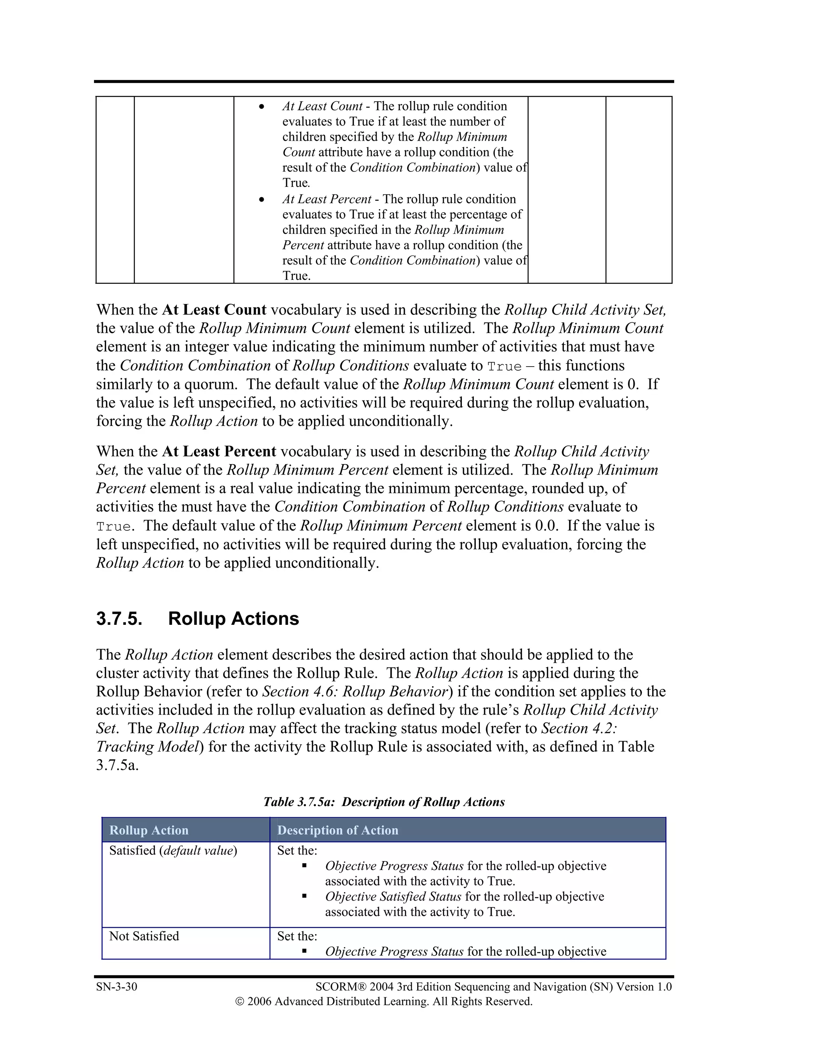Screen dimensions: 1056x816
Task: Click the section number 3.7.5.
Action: click(x=119, y=619)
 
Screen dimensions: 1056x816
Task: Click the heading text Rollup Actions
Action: click(x=233, y=619)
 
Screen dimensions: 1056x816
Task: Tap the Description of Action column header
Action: click(x=337, y=830)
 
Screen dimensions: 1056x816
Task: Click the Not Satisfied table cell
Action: click(x=144, y=936)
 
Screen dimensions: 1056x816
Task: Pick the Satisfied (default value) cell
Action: click(x=173, y=850)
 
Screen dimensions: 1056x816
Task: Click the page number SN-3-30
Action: click(x=116, y=987)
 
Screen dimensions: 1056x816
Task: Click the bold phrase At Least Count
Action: click(x=214, y=310)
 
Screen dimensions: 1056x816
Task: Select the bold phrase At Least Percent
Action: click(x=219, y=451)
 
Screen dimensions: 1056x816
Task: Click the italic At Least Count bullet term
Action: click(x=322, y=106)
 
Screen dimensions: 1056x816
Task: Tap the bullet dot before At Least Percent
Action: click(x=261, y=199)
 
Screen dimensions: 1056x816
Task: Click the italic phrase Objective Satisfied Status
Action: click(x=393, y=897)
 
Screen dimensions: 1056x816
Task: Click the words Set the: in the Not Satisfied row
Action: click(x=297, y=936)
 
